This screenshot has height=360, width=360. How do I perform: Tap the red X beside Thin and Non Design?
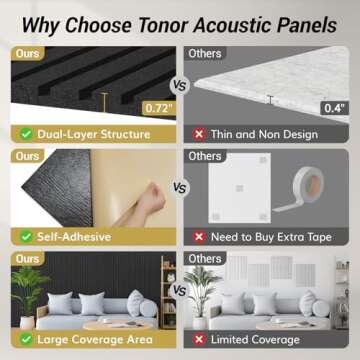click(x=196, y=133)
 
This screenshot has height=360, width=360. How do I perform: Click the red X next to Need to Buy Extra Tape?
click(x=196, y=236)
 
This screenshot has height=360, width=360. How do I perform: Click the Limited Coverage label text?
click(x=254, y=340)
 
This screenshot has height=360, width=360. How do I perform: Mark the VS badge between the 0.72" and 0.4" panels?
click(x=180, y=88)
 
